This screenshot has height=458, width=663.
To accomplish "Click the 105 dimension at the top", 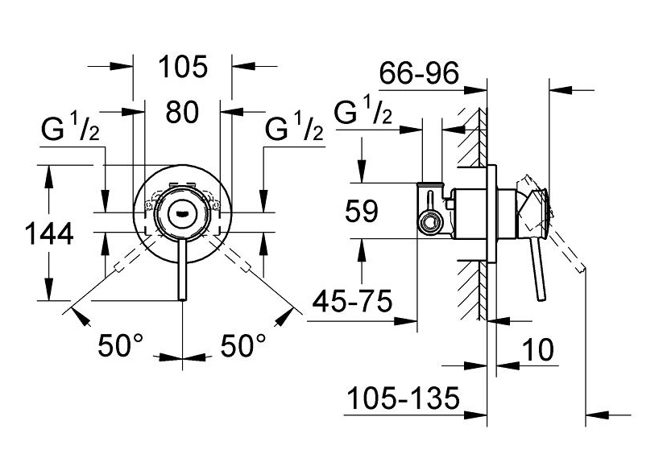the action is click(x=183, y=67).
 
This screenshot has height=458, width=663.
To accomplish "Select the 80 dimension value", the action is click(x=182, y=113).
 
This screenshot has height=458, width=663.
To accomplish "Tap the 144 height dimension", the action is click(x=49, y=234).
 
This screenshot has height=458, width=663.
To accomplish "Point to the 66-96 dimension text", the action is click(x=419, y=72).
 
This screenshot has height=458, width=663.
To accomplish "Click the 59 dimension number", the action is click(x=361, y=211).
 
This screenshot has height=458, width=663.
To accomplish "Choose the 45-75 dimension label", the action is click(x=352, y=301).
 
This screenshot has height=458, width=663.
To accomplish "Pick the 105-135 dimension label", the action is click(x=403, y=398).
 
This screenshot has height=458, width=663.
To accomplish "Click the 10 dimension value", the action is click(x=537, y=349).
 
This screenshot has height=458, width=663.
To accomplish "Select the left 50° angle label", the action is click(x=121, y=345).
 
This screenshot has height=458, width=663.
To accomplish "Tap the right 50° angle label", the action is click(x=243, y=345).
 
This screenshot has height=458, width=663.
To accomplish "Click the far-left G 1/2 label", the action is click(x=70, y=129).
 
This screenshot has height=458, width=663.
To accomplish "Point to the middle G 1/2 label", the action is click(x=294, y=129).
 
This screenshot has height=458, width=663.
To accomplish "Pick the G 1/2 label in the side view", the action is click(x=363, y=111).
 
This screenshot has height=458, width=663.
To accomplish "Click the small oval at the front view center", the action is click(x=182, y=211).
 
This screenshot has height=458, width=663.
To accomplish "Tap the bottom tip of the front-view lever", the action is click(x=182, y=300).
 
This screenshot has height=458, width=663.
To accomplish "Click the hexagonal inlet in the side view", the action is click(x=429, y=223).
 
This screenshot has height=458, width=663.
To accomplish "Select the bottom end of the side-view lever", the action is click(x=542, y=299).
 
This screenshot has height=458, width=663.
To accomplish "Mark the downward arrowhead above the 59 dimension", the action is click(x=362, y=171).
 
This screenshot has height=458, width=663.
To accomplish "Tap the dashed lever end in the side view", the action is click(x=581, y=267).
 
